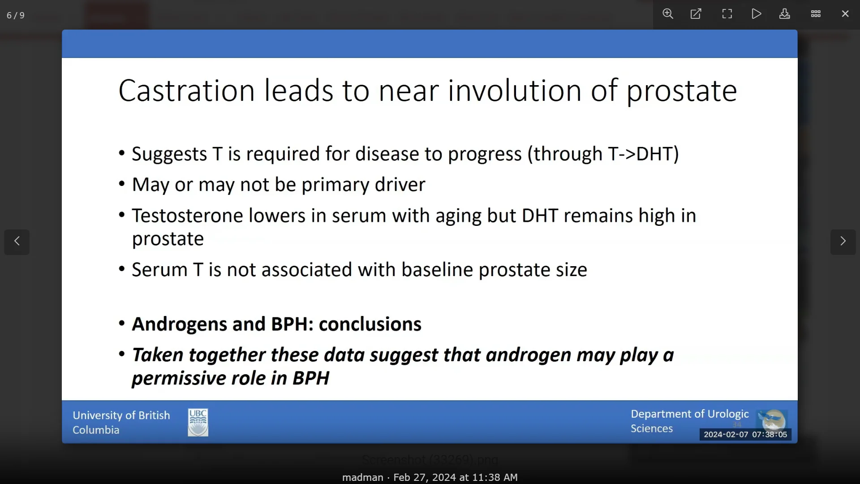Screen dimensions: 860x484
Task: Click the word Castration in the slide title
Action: [186, 91]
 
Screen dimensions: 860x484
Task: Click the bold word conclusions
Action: [370, 324]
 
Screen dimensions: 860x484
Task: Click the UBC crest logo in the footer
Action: [198, 422]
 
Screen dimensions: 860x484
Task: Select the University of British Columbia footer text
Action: [121, 423]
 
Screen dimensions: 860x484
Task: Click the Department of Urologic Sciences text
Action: [690, 421]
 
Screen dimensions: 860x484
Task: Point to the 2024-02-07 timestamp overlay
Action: [745, 434]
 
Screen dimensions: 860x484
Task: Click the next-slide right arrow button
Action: [843, 242]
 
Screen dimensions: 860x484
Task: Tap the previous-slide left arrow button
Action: [17, 242]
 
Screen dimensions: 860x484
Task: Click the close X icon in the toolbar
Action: [845, 14]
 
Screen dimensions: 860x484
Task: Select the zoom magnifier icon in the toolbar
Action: [668, 14]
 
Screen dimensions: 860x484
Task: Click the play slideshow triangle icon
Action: [757, 14]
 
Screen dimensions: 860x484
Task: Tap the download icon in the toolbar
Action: [785, 14]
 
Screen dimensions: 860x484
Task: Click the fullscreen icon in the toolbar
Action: [727, 14]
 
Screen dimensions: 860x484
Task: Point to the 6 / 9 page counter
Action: [16, 15]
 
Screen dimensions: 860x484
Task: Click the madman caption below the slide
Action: [362, 478]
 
